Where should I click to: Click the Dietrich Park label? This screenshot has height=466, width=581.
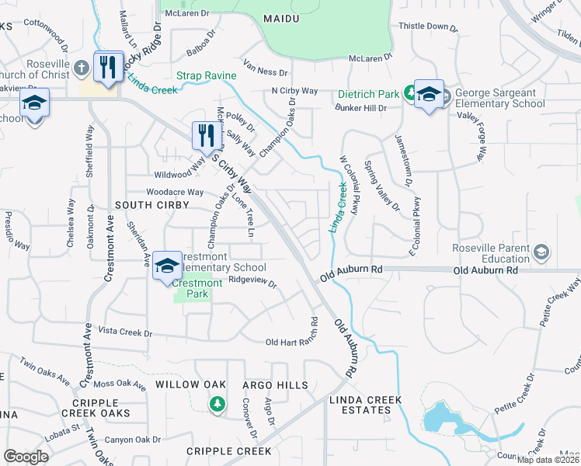click(x=368, y=95)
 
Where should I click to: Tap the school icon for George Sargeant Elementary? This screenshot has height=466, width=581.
click(x=429, y=95)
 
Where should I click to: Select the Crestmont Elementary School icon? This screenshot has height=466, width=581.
click(x=167, y=266)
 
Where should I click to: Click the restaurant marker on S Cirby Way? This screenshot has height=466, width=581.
click(x=206, y=135)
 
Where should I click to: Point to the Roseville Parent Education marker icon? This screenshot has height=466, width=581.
click(x=541, y=252)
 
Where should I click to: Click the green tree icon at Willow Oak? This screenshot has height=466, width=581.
click(x=217, y=403)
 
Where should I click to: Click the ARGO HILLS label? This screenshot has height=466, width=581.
click(x=275, y=385)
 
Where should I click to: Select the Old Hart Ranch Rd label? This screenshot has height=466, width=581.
click(x=292, y=342)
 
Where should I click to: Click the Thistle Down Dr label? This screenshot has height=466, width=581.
click(x=428, y=26)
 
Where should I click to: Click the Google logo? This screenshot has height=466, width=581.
click(x=26, y=457)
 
